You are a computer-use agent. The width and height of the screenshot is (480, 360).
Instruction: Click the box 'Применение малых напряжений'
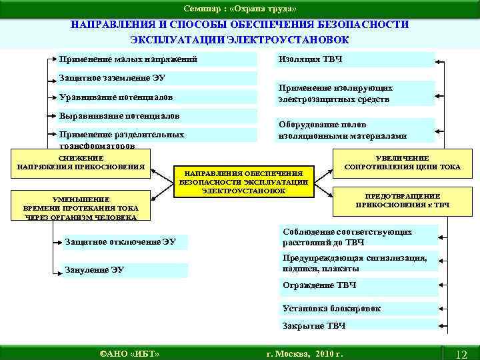[x=156, y=60]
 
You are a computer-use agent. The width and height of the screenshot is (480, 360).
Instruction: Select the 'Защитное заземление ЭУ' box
[x=156, y=78]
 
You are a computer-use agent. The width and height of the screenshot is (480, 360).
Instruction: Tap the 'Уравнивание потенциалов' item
[x=156, y=97]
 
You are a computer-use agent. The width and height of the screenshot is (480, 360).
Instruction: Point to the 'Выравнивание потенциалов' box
[x=156, y=115]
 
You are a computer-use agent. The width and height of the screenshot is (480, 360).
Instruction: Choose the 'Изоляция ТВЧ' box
[x=355, y=60]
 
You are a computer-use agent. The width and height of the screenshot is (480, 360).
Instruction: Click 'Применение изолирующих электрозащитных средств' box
[x=355, y=94]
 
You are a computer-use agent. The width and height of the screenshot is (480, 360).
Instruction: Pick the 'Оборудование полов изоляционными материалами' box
[x=355, y=130]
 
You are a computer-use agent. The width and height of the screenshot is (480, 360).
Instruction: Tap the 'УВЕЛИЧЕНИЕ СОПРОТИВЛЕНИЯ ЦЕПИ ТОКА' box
[x=402, y=163]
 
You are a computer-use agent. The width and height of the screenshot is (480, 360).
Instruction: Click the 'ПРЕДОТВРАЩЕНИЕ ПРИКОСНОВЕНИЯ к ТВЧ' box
[x=402, y=201]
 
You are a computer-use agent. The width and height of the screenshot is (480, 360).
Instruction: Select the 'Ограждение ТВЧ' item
[x=357, y=285]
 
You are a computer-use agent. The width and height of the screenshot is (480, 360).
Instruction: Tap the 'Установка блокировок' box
[x=357, y=308]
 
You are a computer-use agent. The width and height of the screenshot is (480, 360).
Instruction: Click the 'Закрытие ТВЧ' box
[x=357, y=326]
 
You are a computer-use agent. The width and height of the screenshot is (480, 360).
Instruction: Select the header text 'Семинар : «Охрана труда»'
[x=241, y=7]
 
